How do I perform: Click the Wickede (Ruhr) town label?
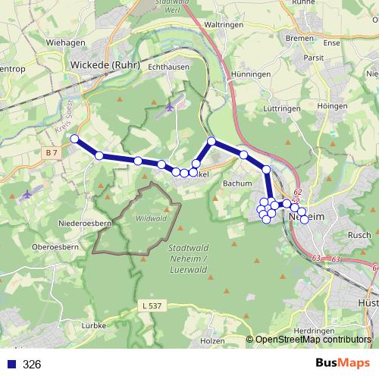(x=106, y=64)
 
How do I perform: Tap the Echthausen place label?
(x=168, y=67)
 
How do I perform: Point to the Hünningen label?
(x=252, y=75)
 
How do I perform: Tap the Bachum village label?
(x=237, y=183)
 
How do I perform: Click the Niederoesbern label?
(x=86, y=224)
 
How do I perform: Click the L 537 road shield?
(x=152, y=305)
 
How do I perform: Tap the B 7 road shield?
(x=52, y=153)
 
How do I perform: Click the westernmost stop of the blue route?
(x=74, y=139)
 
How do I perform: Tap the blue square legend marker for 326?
(x=10, y=365)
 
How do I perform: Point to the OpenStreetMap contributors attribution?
(x=312, y=340)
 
